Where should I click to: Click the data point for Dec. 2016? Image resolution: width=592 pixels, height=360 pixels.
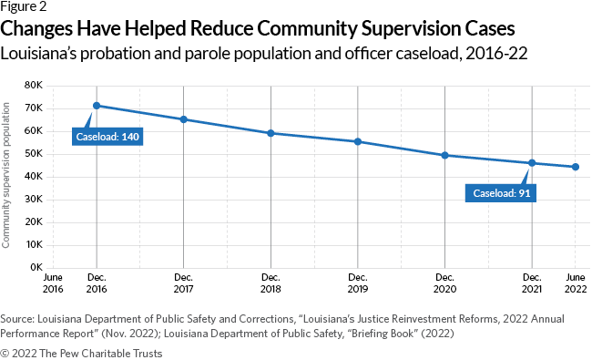(97, 106)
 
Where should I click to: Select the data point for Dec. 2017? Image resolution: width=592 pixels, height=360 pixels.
(184, 119)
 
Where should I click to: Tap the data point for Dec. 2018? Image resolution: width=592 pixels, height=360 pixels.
(270, 133)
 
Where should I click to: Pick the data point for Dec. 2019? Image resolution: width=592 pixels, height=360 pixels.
(358, 141)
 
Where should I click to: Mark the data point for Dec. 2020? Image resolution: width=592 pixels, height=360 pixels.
(444, 155)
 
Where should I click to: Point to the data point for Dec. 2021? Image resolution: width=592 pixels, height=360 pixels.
(532, 163)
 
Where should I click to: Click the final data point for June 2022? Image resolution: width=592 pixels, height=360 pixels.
(576, 167)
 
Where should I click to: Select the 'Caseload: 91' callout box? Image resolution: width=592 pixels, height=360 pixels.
(500, 193)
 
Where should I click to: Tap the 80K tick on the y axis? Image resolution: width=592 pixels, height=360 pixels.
(35, 86)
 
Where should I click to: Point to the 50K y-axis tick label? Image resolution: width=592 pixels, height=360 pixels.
(35, 154)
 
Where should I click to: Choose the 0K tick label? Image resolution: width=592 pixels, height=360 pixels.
(37, 268)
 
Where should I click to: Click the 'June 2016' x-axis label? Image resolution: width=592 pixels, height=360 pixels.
(53, 282)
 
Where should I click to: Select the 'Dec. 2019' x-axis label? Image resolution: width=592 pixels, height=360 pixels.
(358, 282)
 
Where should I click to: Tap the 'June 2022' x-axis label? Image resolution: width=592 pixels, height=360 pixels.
(576, 282)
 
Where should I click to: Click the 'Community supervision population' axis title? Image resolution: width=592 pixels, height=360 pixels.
(7, 176)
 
